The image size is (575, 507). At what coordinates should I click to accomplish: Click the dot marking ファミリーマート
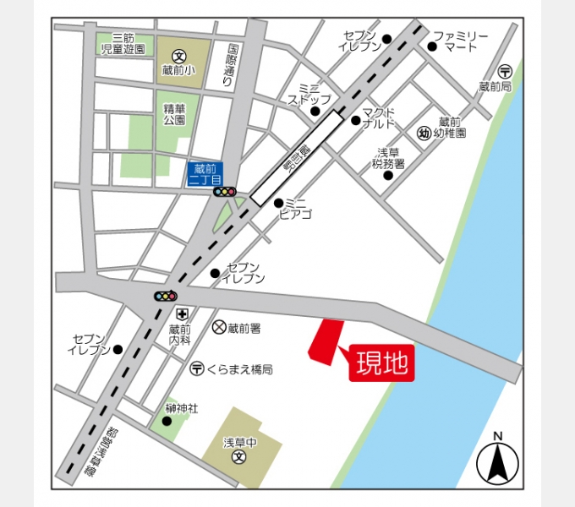pyautogui.click(x=431, y=46)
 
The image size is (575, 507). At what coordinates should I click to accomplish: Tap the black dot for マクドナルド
pyautogui.click(x=356, y=120)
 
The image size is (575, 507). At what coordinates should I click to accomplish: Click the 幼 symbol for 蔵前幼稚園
pyautogui.click(x=424, y=133)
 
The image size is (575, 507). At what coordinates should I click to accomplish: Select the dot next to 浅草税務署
pyautogui.click(x=388, y=175)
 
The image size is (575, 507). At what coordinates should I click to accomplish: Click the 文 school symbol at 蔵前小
pyautogui.click(x=179, y=56)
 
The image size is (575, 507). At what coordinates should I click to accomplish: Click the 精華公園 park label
pyautogui.click(x=174, y=114)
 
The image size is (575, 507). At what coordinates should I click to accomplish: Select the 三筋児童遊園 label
pyautogui.click(x=123, y=44)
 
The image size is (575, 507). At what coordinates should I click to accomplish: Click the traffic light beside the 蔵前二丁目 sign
pyautogui.click(x=225, y=192)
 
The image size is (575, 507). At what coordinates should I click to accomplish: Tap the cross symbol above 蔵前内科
pyautogui.click(x=181, y=314)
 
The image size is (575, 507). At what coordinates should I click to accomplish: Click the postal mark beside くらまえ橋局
pyautogui.click(x=196, y=368)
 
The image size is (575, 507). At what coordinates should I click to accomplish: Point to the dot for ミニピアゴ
pyautogui.click(x=278, y=203)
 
